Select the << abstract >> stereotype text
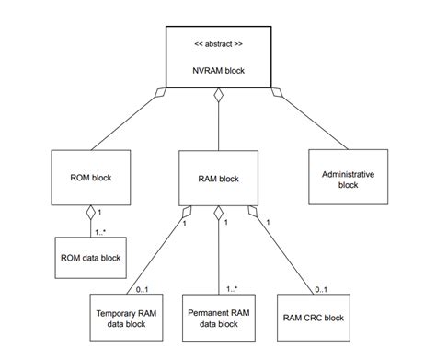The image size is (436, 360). (x=217, y=43)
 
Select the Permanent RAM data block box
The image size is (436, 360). (x=218, y=319)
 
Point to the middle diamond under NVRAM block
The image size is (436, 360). (x=218, y=95)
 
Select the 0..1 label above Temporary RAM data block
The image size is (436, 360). (x=142, y=289)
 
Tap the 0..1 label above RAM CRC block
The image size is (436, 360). (x=320, y=289)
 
